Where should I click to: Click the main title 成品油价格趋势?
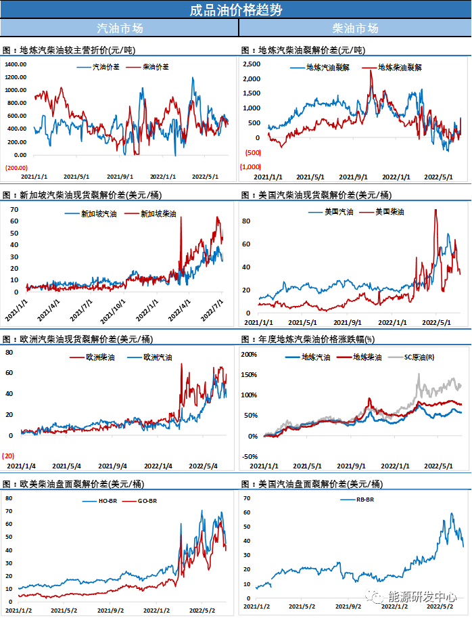pos(235,9)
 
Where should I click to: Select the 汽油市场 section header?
pos(120,28)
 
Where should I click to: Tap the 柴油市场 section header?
pos(355,28)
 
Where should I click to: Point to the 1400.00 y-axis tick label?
pos(15,64)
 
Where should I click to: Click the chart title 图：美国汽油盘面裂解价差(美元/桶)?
pos(311,484)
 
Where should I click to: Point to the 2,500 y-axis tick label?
pos(251,64)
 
